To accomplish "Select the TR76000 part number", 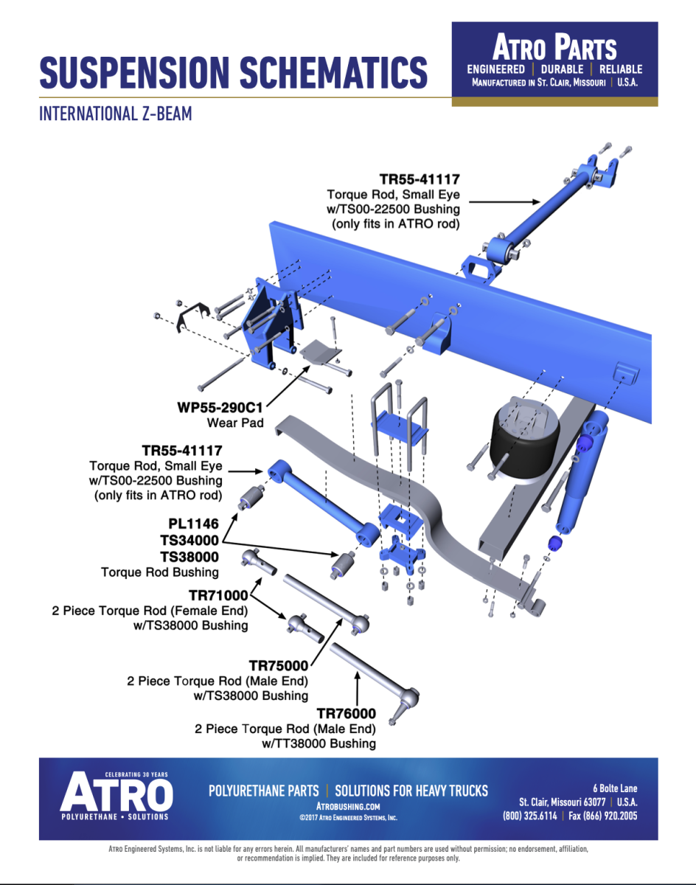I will [346, 713].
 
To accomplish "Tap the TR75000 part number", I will [278, 665].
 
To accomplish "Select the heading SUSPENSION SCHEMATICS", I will [233, 72].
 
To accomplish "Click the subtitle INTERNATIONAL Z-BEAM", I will [116, 114].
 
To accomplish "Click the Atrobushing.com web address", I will [348, 807].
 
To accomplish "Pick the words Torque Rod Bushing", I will [160, 572].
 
